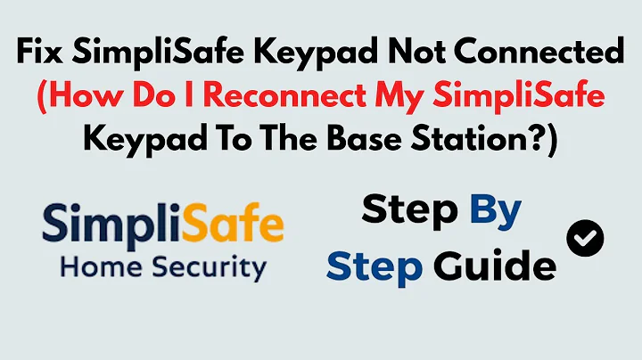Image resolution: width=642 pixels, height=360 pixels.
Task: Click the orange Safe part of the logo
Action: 233,225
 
